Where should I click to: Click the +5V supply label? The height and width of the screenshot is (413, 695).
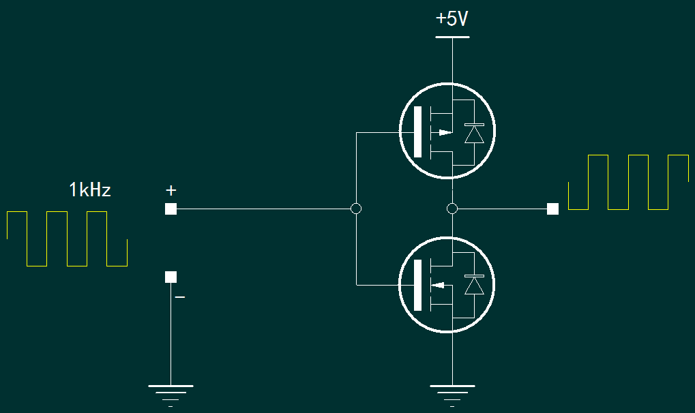(452, 19)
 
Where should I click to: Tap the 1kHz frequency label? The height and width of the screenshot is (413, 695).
(89, 189)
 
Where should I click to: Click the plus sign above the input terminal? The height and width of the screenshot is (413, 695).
(171, 189)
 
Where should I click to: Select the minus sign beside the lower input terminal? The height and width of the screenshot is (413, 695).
(180, 297)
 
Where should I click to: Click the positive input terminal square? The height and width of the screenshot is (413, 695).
(171, 209)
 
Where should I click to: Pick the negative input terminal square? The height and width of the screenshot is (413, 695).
(171, 277)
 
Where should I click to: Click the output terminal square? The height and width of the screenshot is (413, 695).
(552, 209)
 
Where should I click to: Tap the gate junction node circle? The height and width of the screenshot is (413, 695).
(355, 209)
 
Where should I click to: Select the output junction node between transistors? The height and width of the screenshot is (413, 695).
(451, 209)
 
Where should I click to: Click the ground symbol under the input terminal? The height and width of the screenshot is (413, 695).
(171, 391)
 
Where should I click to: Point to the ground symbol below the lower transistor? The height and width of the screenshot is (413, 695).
(451, 391)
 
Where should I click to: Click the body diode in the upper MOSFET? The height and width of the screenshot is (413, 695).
(473, 133)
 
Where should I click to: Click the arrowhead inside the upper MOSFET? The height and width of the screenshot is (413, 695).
(444, 132)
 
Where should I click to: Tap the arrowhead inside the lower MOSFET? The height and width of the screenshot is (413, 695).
(441, 285)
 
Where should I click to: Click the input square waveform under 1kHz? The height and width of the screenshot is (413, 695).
(67, 239)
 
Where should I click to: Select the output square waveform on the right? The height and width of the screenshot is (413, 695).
(628, 182)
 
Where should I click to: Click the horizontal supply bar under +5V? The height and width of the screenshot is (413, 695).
(452, 37)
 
